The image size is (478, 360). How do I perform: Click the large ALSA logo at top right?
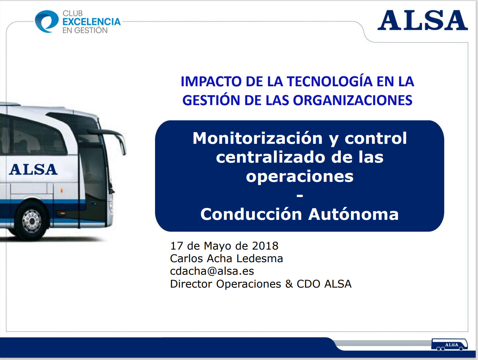pos(422,20)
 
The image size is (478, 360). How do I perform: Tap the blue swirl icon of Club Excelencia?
pos(47,21)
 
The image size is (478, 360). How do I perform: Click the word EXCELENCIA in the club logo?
pos(92,22)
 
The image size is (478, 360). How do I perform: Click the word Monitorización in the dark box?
pos(258,138)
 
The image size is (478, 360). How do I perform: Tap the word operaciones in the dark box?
pos(299,176)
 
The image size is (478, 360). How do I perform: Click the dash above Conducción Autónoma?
pos(300,196)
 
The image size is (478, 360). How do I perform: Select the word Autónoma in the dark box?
pos(353,214)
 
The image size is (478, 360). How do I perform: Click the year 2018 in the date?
pos(265,246)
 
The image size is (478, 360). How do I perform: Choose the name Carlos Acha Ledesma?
pos(226,259)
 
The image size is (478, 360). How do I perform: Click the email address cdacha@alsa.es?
pos(212,271)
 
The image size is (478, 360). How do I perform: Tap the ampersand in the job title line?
pos(289,284)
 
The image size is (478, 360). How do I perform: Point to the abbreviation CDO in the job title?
pos(308,284)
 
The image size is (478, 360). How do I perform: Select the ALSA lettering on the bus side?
pos(33,170)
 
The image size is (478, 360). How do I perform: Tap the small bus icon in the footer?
pos(449,345)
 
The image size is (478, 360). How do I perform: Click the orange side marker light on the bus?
pos(61,190)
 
